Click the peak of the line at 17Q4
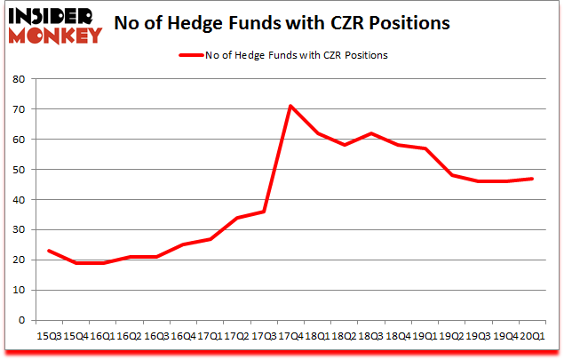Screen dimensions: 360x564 click(x=290, y=106)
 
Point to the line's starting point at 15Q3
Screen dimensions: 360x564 click(x=48, y=251)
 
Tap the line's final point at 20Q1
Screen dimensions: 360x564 click(x=532, y=179)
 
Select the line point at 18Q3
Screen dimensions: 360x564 click(x=371, y=133)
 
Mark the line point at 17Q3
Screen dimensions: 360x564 click(x=264, y=212)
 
